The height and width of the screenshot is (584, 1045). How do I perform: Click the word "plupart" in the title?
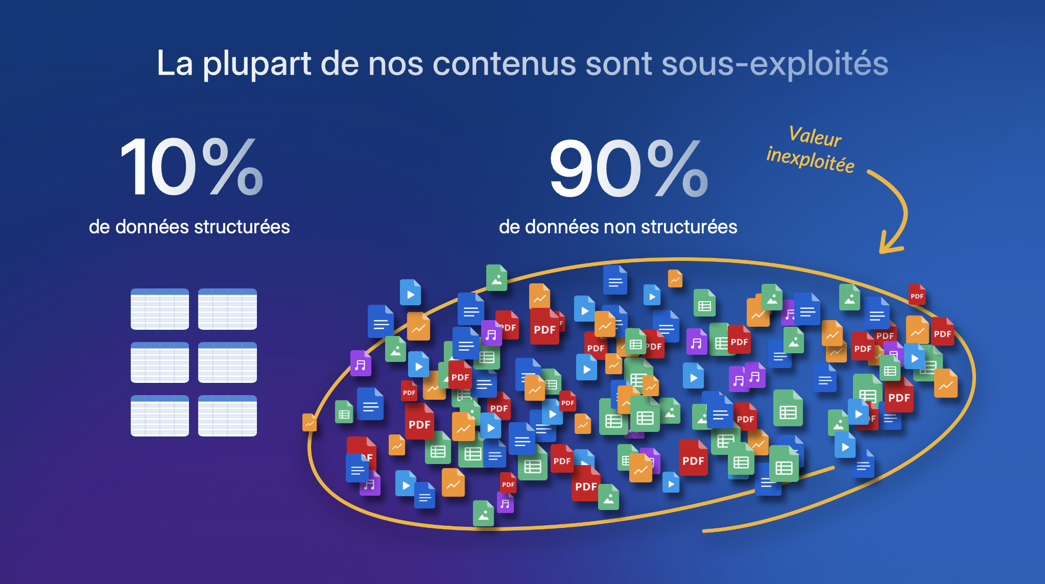[257, 64]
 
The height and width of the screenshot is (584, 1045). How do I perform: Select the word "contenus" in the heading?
[504, 64]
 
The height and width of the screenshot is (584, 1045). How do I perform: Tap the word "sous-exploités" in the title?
[775, 64]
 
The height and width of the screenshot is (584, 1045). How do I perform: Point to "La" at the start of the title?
[175, 64]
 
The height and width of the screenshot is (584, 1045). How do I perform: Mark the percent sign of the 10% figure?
[232, 167]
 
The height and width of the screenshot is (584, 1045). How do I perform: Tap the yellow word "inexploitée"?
[811, 160]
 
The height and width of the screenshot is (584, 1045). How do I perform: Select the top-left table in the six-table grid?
[159, 309]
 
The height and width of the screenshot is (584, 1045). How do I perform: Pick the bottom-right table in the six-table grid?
[227, 416]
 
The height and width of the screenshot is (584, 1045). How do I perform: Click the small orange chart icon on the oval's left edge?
[310, 423]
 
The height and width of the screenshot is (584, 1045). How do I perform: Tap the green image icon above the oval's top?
[496, 278]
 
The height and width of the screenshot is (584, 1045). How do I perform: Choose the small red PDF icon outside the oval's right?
[917, 295]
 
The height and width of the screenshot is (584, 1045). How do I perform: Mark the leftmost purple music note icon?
[361, 363]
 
